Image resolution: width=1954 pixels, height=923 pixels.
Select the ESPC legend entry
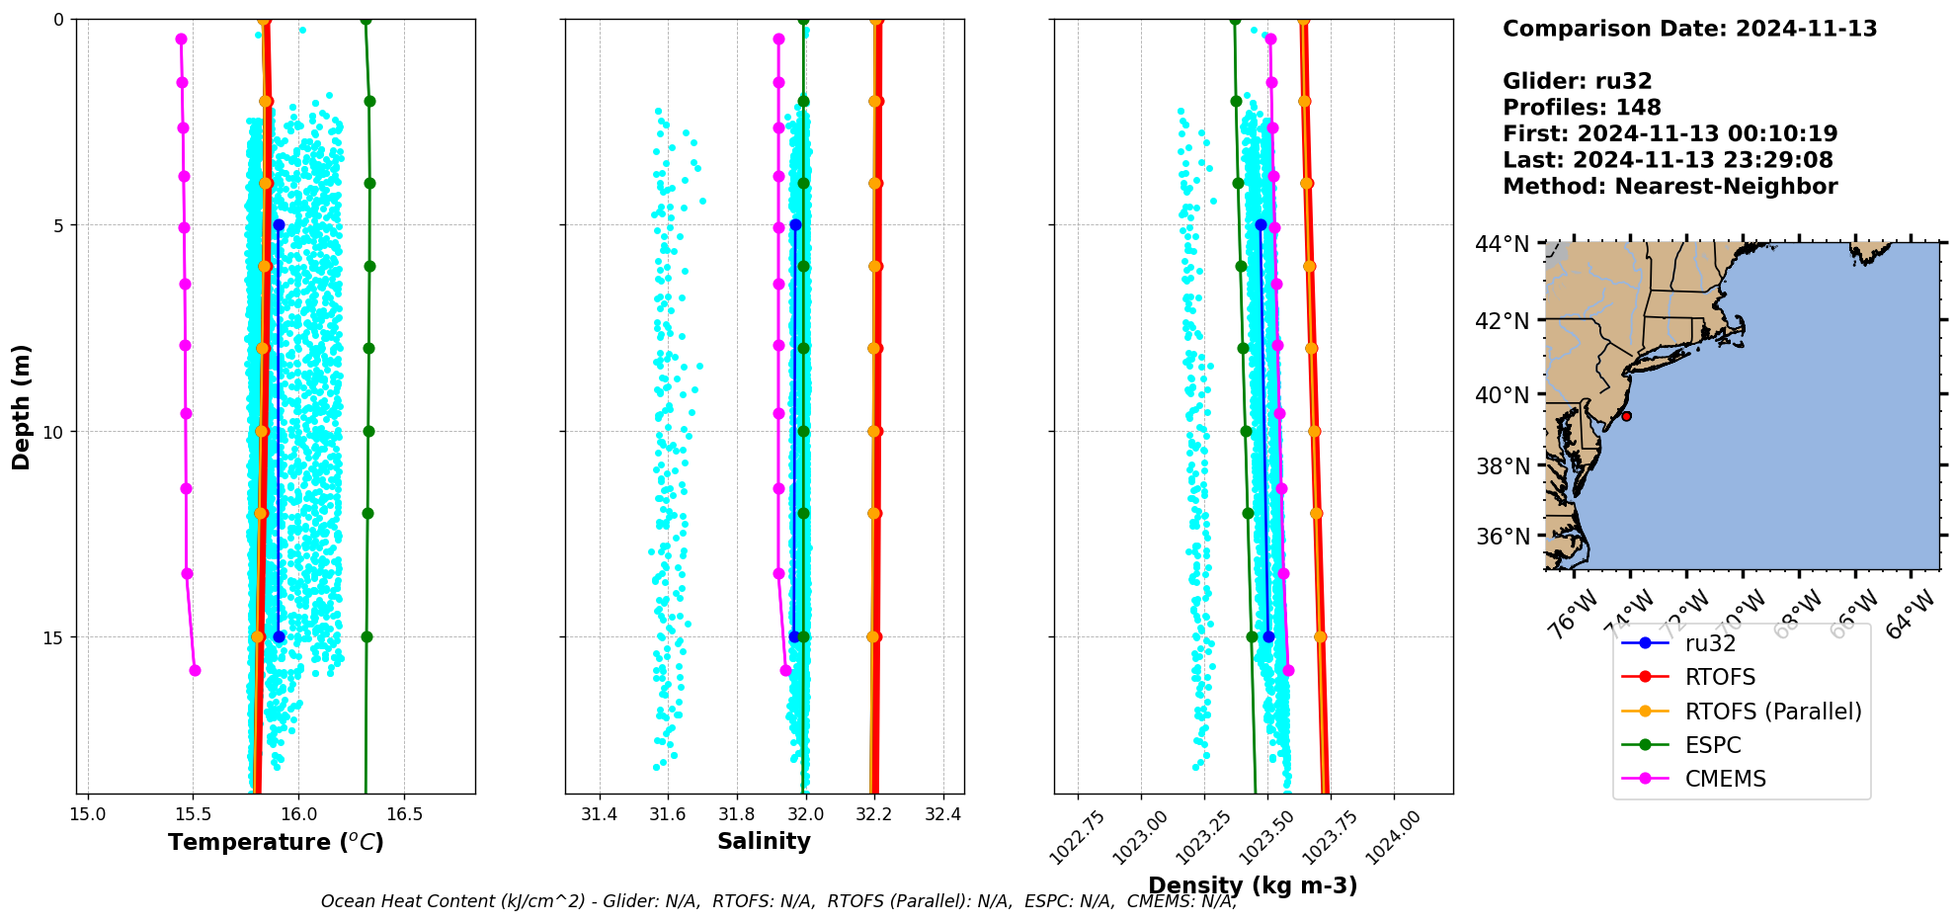coord(1712,745)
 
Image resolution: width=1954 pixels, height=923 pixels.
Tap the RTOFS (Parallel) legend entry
coord(1772,712)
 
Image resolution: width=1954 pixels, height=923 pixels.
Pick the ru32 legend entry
coord(1710,643)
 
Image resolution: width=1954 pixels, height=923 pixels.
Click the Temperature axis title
coord(276,842)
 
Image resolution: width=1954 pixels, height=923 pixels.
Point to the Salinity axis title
coord(764,841)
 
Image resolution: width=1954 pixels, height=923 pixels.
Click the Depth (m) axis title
coord(22,407)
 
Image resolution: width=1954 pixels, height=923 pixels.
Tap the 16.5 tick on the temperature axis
coord(404,814)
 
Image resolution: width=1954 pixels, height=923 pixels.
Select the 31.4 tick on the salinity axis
coord(599,814)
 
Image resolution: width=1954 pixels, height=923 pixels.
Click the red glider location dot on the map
coord(1626,416)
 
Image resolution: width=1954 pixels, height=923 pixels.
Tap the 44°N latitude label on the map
coord(1502,244)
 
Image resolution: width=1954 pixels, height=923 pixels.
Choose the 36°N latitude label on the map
coord(1502,537)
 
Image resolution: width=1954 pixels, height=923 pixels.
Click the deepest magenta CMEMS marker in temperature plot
coord(195,670)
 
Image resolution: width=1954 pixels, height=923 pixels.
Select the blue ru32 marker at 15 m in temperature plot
coord(279,636)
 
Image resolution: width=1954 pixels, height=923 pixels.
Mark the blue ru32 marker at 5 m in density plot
coord(1261,225)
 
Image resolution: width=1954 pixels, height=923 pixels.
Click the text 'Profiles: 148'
coord(1582,108)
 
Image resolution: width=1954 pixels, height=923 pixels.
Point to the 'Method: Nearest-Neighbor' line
coord(1669,187)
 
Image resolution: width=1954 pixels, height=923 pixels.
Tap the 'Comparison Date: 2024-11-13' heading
coord(1689,29)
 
